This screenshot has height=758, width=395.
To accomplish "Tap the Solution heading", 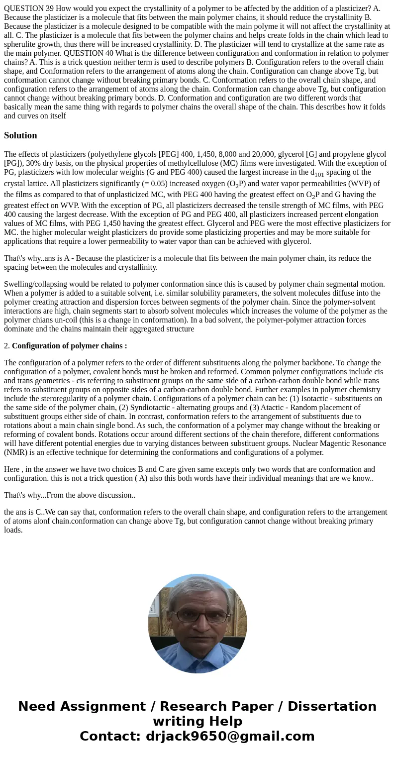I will coord(20,135).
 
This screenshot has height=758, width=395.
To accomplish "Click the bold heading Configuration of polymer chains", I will coord(69,346).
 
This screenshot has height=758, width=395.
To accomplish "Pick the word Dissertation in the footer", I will coord(332,707).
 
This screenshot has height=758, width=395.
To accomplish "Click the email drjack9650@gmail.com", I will coord(230,737).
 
